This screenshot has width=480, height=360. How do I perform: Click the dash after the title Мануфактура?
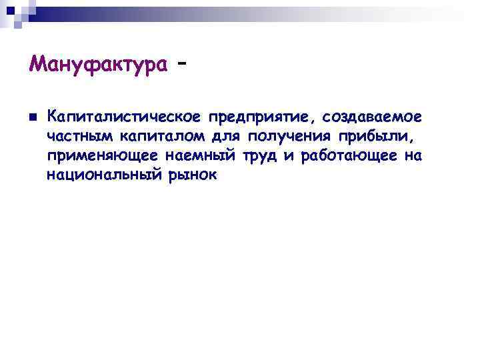pos(181,61)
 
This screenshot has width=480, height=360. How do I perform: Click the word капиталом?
pos(158,137)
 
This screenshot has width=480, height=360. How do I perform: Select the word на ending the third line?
pos(413,157)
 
